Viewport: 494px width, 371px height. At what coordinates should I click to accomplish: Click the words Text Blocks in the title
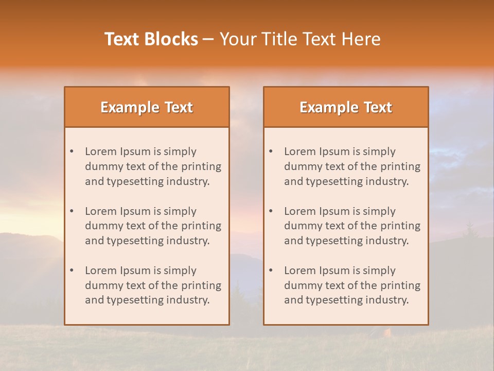[151, 39]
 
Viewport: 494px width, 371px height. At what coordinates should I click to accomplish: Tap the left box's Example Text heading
[147, 107]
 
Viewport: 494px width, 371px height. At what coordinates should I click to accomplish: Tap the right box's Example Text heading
[346, 107]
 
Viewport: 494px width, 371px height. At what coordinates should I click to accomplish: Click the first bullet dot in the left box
[72, 151]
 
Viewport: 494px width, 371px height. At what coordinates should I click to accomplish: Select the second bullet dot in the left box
[72, 211]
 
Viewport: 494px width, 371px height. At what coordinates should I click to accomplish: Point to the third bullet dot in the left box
[72, 271]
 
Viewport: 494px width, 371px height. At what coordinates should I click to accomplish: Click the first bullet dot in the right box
[271, 151]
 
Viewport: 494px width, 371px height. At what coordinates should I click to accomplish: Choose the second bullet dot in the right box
[271, 211]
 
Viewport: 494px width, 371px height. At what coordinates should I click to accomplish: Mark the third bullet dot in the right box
[271, 271]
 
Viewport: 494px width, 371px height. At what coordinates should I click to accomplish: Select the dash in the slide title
[208, 39]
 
